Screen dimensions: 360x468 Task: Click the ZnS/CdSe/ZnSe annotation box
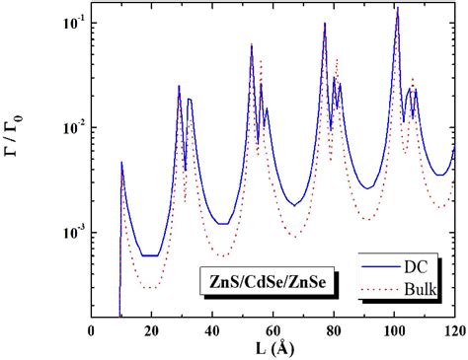[x=264, y=282]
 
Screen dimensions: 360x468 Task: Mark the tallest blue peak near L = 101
[x=397, y=9]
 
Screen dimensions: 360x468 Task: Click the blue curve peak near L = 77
[x=325, y=24]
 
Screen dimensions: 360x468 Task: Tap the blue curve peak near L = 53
[x=252, y=45]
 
